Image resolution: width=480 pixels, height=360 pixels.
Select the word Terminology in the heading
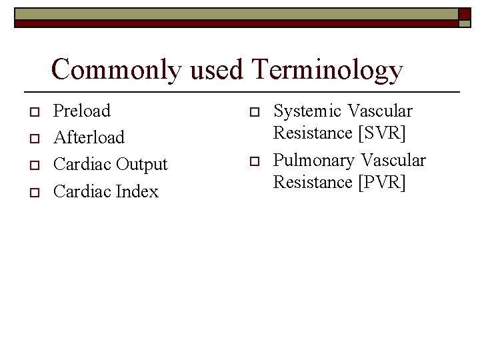[327, 70]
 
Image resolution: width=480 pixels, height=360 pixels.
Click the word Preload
[82, 110]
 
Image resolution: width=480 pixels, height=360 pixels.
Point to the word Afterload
[89, 137]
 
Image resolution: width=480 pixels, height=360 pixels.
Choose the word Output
[142, 164]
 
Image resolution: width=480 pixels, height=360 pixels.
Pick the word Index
[137, 191]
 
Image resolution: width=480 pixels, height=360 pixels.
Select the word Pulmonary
[313, 160]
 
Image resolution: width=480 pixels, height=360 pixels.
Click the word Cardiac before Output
[82, 164]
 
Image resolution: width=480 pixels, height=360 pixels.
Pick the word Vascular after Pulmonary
[393, 160]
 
